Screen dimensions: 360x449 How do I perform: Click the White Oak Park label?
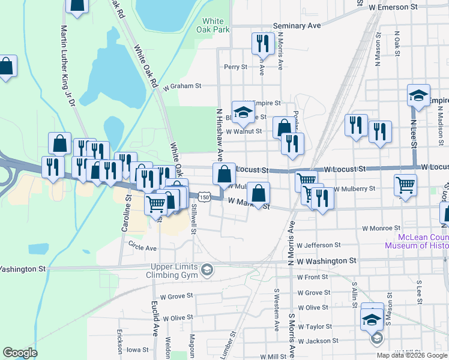[x=212, y=25]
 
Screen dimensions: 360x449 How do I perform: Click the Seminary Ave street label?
[x=297, y=26]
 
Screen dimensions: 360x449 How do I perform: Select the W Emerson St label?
[x=393, y=7]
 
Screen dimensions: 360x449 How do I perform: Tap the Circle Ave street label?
[x=142, y=247]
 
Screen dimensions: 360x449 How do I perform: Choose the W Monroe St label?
[x=381, y=228]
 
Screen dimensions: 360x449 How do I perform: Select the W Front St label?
[x=313, y=277]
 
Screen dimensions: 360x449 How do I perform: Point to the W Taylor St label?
[x=315, y=326]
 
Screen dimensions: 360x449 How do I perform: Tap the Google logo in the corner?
[x=20, y=353]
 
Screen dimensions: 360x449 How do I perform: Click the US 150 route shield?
[x=205, y=197]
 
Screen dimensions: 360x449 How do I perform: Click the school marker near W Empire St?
[x=243, y=112]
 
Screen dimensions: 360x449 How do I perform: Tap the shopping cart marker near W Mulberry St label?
[x=406, y=185]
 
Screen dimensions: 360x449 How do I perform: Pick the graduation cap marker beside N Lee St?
[x=419, y=95]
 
